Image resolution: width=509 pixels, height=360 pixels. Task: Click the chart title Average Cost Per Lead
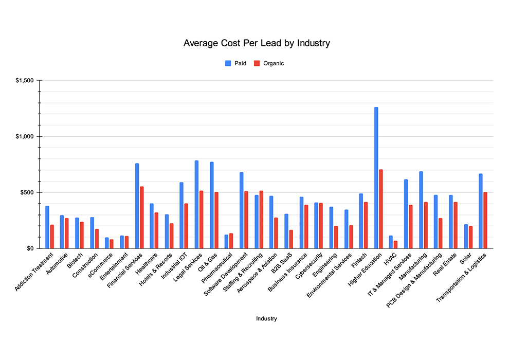click(257, 43)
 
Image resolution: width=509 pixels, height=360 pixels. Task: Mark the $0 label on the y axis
click(30, 249)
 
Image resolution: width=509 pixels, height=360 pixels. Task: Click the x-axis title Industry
click(266, 319)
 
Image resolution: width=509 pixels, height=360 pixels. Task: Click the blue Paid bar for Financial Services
click(137, 206)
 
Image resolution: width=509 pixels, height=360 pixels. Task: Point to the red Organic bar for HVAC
click(396, 245)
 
